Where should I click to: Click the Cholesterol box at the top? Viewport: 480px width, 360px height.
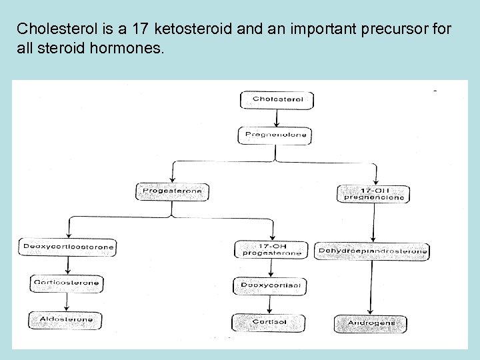pos(277,100)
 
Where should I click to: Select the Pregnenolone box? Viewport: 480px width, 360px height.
pos(276,135)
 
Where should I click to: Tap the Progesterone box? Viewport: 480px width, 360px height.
pos(172,191)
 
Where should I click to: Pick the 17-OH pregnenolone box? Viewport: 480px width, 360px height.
pos(373,193)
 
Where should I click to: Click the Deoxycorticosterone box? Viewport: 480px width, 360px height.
pos(68,247)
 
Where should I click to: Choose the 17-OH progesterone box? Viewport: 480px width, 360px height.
pos(271,249)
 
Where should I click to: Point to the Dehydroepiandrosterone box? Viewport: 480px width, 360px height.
pos(373,251)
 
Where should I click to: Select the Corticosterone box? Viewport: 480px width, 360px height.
pos(66,283)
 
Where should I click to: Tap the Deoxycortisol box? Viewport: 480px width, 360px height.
pos(270,287)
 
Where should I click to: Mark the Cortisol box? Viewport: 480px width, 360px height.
pos(269,323)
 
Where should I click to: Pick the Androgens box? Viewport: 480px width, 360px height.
pos(371,323)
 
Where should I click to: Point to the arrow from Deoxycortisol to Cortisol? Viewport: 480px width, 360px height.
pos(269,305)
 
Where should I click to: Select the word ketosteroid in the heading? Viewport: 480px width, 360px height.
pos(192,29)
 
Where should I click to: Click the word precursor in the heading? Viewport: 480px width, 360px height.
pos(383,29)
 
